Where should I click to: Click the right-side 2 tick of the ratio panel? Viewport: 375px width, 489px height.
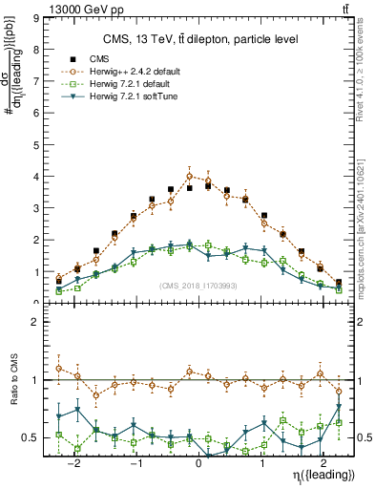pyautogui.click(x=365, y=322)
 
